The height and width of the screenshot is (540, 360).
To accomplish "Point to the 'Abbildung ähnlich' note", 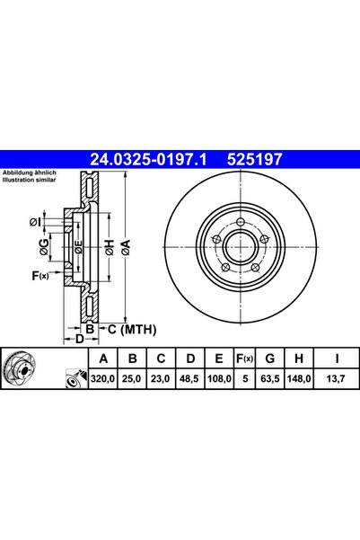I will click(x=30, y=172).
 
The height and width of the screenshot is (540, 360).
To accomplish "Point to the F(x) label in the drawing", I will click(x=40, y=275).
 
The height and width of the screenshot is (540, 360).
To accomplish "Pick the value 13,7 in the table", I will click(x=335, y=381).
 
